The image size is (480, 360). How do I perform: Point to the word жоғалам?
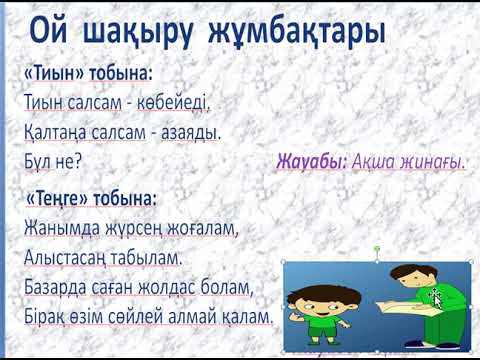click(201, 227)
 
